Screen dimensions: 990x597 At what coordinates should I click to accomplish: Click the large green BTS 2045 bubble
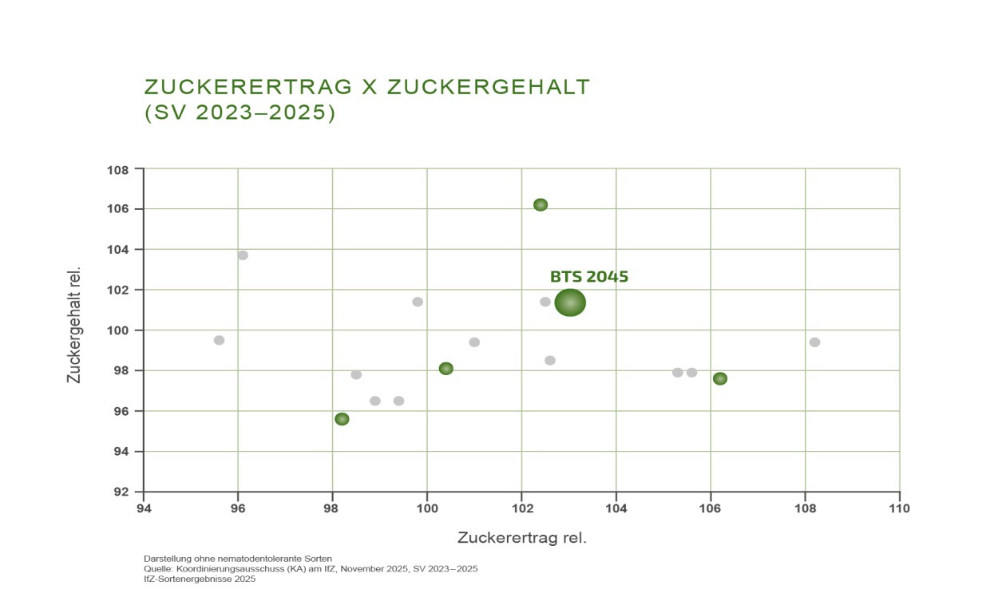(x=570, y=302)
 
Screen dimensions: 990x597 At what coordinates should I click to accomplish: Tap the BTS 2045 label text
(x=589, y=277)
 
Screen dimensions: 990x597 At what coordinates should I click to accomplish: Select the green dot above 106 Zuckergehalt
(x=541, y=204)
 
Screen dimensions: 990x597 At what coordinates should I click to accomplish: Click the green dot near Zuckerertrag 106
(x=720, y=378)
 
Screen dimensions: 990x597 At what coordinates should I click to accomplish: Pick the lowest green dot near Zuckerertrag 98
(x=342, y=419)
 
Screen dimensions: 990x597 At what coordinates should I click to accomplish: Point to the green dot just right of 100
(x=446, y=369)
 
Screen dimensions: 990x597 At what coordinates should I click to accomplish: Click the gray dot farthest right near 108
(x=814, y=342)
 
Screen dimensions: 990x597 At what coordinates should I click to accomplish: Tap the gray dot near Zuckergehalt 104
(x=243, y=255)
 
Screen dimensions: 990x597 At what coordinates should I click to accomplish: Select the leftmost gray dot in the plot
(x=220, y=340)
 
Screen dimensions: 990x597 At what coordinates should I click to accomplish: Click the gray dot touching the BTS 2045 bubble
(x=545, y=302)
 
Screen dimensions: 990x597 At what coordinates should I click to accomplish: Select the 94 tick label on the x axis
(x=144, y=508)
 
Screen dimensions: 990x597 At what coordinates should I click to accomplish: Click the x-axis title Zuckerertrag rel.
(x=522, y=538)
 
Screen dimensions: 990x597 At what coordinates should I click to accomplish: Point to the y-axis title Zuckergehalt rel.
(x=73, y=324)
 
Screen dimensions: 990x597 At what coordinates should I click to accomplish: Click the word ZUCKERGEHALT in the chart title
(x=489, y=87)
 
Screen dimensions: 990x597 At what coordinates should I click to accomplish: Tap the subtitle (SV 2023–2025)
(x=240, y=113)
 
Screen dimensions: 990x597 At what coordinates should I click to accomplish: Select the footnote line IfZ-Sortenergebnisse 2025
(x=200, y=579)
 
